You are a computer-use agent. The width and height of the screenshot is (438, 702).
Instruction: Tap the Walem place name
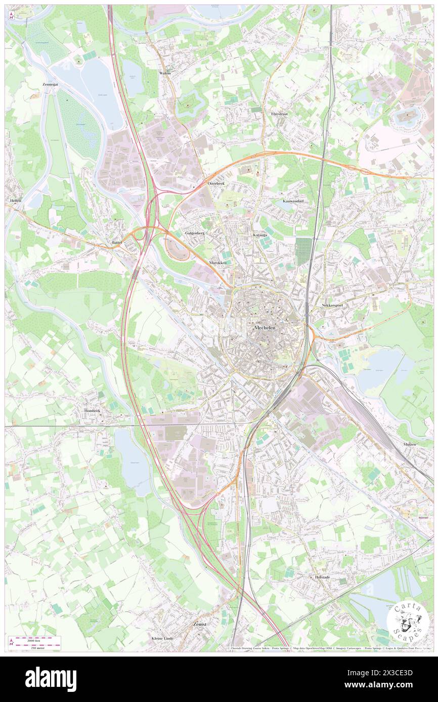click(x=165, y=73)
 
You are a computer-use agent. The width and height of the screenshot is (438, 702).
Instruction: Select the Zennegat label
click(x=51, y=85)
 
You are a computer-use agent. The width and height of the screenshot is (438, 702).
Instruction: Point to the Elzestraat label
click(x=279, y=114)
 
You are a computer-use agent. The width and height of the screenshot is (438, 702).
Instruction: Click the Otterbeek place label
click(x=216, y=183)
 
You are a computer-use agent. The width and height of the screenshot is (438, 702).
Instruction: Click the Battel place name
click(x=117, y=243)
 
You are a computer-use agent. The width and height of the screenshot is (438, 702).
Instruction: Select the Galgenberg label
click(x=195, y=233)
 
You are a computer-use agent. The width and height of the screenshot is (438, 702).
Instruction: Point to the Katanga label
click(x=260, y=235)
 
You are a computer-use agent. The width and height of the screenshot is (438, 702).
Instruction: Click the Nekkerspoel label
click(x=332, y=306)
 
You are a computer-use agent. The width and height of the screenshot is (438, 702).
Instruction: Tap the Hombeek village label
click(x=93, y=411)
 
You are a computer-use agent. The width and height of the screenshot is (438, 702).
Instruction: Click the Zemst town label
click(x=200, y=624)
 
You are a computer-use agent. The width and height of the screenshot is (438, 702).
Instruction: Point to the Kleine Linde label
click(x=162, y=638)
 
